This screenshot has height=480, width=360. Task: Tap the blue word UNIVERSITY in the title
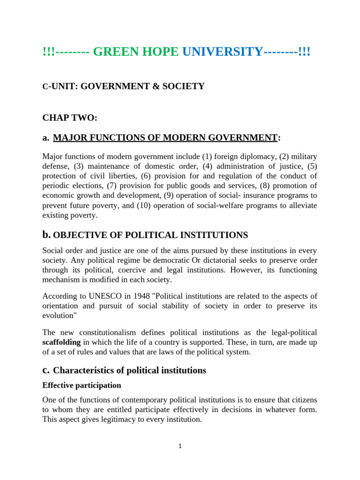[222, 52]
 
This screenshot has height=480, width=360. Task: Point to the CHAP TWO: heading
[70, 118]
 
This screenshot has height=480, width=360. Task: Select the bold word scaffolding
[61, 342]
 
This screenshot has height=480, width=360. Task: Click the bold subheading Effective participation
[82, 385]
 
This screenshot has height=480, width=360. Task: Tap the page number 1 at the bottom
[180, 446]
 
